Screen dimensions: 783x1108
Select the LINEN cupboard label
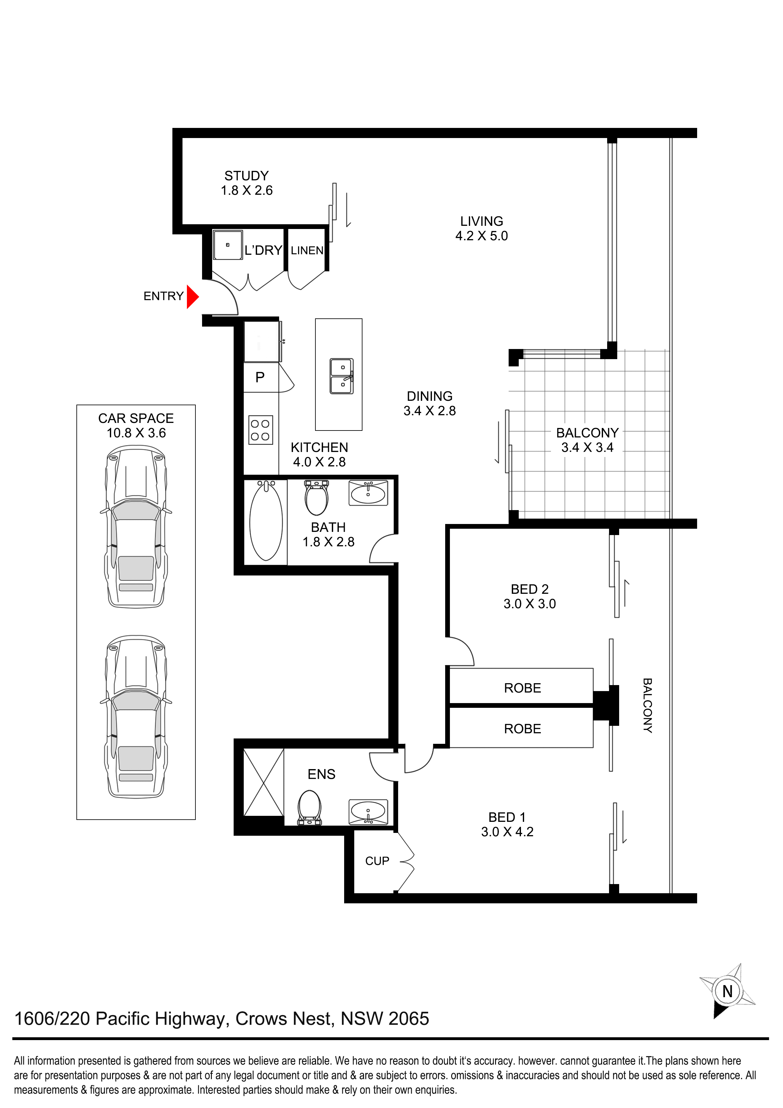click(307, 250)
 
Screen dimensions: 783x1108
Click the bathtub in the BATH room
click(266, 521)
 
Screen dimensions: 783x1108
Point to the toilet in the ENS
click(310, 808)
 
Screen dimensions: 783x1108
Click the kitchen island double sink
click(342, 376)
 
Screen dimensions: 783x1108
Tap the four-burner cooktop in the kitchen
click(261, 430)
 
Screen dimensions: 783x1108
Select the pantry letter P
click(260, 377)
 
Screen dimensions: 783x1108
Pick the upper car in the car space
click(136, 527)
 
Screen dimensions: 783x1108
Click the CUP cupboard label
click(377, 861)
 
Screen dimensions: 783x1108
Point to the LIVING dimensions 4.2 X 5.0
click(481, 236)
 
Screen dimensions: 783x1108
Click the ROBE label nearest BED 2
click(523, 688)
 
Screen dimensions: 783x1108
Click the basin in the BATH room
click(368, 493)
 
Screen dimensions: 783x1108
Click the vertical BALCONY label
click(648, 706)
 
